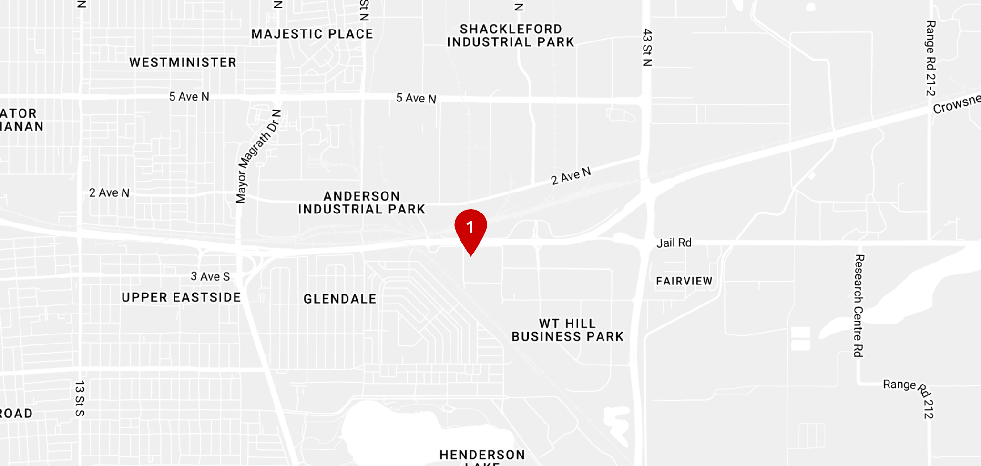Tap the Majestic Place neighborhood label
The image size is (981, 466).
[312, 34]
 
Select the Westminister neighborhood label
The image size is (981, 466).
[183, 62]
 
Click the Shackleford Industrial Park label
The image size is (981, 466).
[511, 36]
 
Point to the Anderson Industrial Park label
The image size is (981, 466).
[362, 203]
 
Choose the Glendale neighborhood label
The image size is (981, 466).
[340, 299]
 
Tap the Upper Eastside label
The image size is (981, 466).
[181, 298]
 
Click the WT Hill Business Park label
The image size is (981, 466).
[567, 330]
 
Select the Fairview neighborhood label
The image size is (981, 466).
[684, 281]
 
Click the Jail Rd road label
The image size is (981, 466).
[674, 243]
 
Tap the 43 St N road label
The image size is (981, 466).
[647, 48]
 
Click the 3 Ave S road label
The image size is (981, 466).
[210, 277]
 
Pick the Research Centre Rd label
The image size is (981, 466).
[858, 306]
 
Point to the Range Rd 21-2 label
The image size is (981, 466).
[930, 58]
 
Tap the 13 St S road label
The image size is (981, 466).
[80, 398]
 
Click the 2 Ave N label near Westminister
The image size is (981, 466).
[109, 193]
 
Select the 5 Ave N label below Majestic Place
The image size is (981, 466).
[416, 99]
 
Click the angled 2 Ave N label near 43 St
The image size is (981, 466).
[571, 176]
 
